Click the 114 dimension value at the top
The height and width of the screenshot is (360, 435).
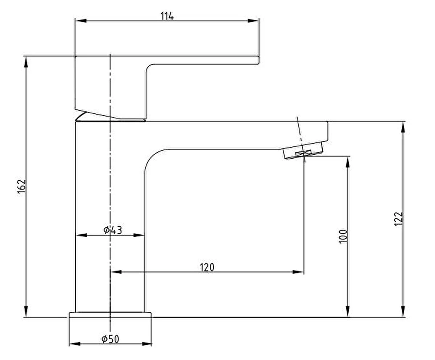pyautogui.click(x=167, y=16)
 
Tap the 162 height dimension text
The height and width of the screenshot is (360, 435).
pyautogui.click(x=22, y=186)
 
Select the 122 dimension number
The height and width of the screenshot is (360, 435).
pyautogui.click(x=398, y=219)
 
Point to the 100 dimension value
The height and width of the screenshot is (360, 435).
pyautogui.click(x=343, y=236)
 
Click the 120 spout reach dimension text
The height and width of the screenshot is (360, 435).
pyautogui.click(x=207, y=267)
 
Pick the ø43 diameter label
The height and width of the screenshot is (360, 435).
pyautogui.click(x=113, y=230)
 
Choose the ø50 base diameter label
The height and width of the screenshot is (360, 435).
pyautogui.click(x=111, y=339)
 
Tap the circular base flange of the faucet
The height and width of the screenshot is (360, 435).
pyautogui.click(x=110, y=314)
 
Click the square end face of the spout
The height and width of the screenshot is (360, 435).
pyautogui.click(x=327, y=130)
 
